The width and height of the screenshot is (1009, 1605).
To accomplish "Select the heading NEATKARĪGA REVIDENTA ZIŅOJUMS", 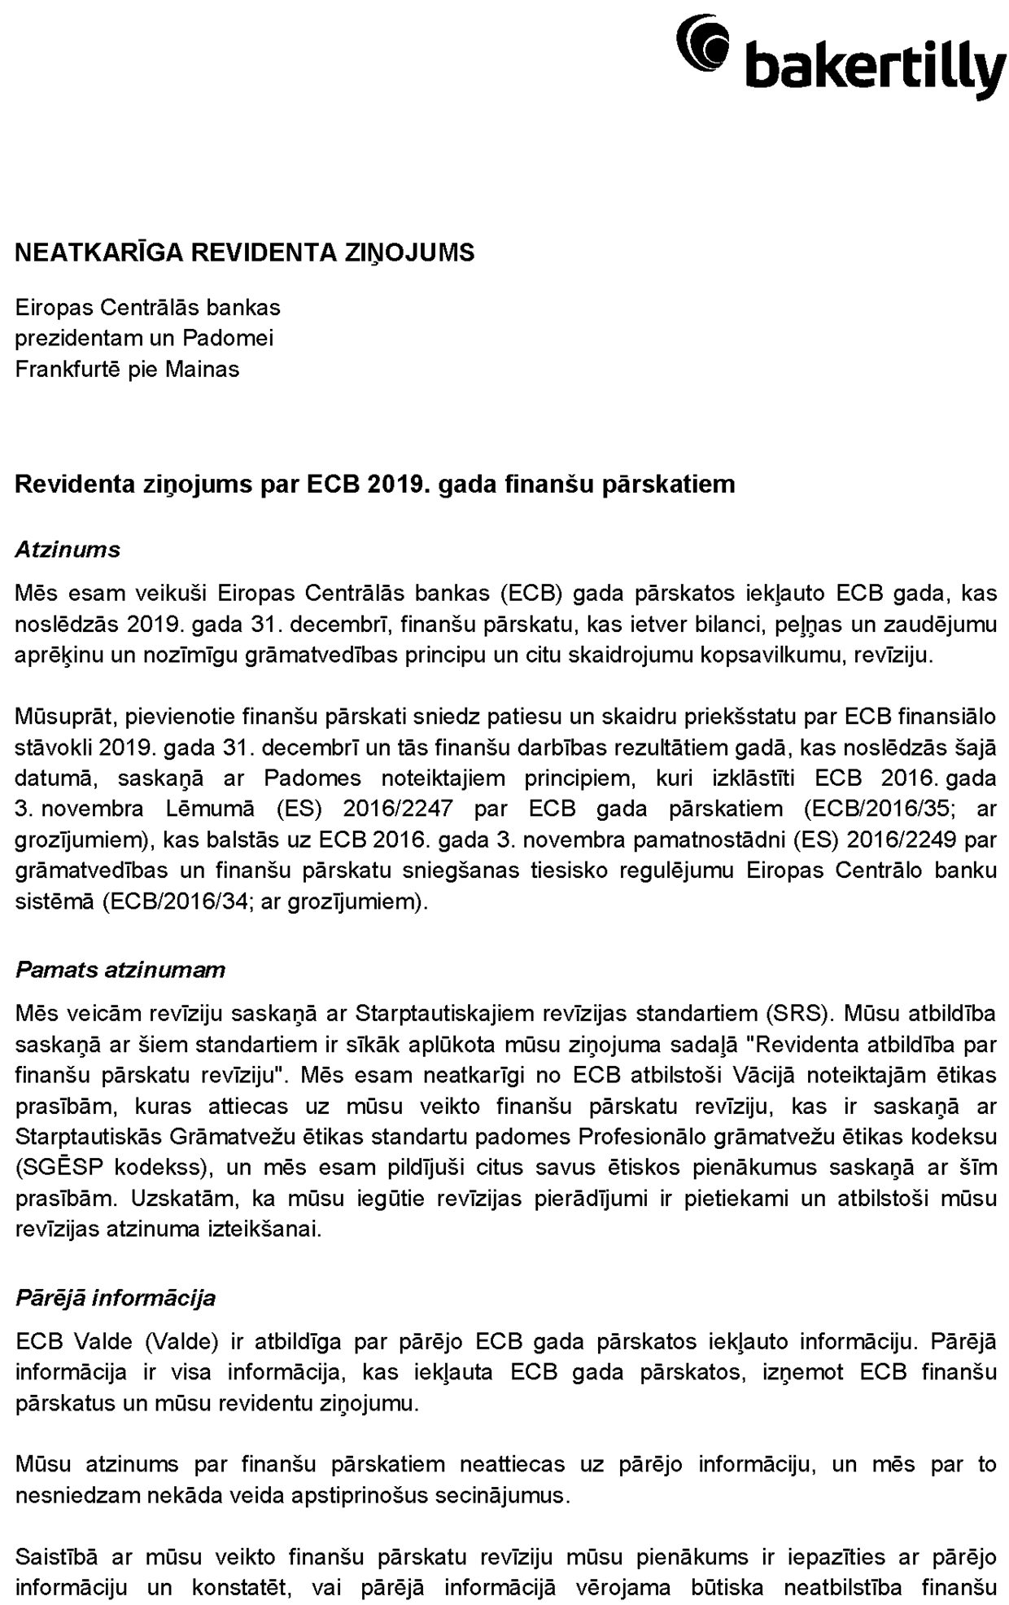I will [x=244, y=253].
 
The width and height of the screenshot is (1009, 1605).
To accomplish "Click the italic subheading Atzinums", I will [x=68, y=550].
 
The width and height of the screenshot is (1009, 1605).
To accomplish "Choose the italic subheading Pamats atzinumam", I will [x=120, y=970].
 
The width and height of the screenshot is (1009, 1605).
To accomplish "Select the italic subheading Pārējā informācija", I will [x=116, y=1297].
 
